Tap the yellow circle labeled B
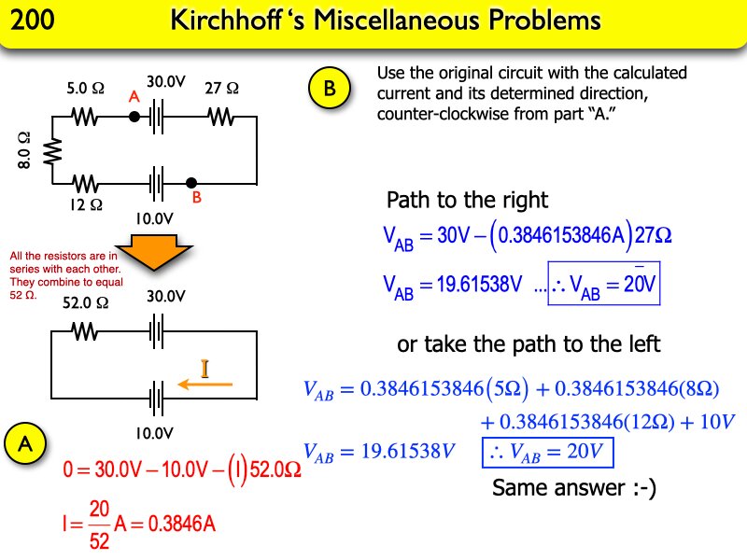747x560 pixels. click(x=329, y=90)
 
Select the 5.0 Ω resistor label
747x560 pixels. click(x=84, y=90)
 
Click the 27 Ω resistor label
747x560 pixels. click(x=221, y=89)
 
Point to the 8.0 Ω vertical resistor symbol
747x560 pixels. click(x=53, y=150)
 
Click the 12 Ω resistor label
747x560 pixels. click(x=85, y=203)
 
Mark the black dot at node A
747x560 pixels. click(x=134, y=117)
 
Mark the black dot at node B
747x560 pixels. click(x=190, y=183)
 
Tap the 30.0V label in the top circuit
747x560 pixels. click(x=166, y=83)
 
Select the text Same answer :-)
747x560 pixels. click(x=574, y=487)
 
